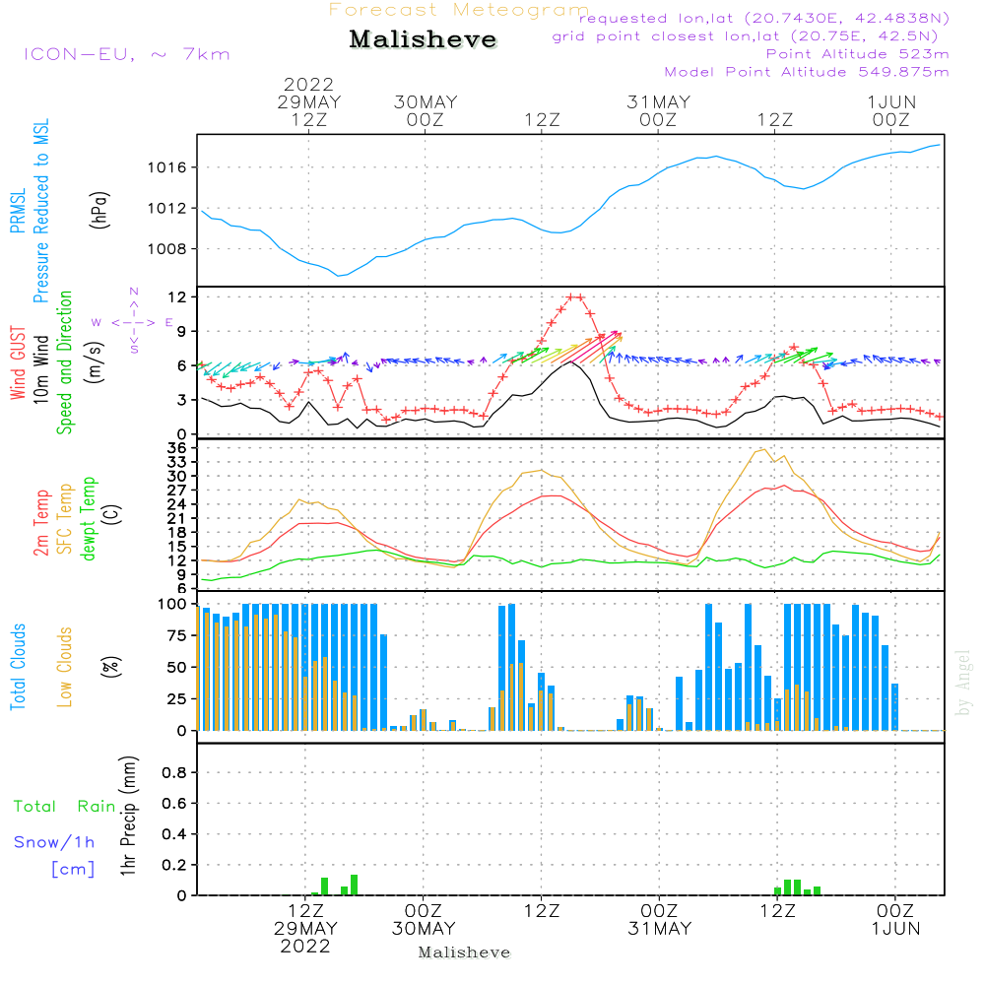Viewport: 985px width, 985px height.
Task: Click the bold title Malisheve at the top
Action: click(x=423, y=39)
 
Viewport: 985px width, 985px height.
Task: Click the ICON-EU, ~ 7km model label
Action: click(x=126, y=54)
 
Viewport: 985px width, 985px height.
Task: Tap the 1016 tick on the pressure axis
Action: click(x=168, y=167)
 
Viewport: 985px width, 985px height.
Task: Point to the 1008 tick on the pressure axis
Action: click(x=168, y=248)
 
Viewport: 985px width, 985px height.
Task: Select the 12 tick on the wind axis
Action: click(x=178, y=296)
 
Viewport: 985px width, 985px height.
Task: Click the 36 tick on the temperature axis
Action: click(x=178, y=448)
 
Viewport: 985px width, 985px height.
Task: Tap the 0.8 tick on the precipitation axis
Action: click(x=174, y=773)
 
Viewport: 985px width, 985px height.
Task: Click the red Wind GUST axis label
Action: click(x=18, y=364)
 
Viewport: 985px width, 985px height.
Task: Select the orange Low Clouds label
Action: click(x=65, y=666)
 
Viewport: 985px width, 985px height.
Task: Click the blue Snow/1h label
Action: click(x=55, y=843)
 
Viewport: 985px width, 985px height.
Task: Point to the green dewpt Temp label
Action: click(x=90, y=518)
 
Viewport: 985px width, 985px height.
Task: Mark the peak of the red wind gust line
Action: click(x=574, y=296)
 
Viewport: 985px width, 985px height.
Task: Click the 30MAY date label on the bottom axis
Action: click(x=424, y=929)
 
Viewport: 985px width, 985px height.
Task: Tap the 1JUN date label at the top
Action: click(x=892, y=102)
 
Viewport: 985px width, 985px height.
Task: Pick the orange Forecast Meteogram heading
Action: click(x=459, y=10)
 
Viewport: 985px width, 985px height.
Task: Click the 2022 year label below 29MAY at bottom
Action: click(x=305, y=947)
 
